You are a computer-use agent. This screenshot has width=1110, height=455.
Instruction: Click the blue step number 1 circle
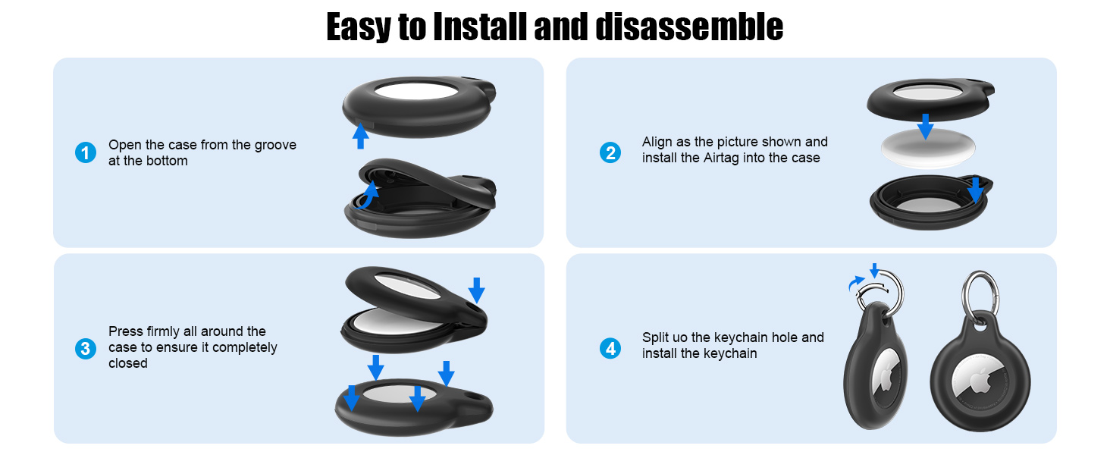tap(85, 152)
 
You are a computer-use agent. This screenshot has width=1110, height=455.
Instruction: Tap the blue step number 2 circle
tap(610, 152)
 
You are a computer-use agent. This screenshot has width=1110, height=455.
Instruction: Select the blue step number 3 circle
tap(85, 349)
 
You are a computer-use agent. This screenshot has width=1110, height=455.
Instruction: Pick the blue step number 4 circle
tap(610, 348)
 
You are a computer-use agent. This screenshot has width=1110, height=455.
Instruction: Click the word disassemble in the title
tap(689, 27)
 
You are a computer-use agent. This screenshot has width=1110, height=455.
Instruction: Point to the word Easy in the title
tap(359, 28)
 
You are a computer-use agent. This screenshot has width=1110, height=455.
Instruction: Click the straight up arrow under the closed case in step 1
tap(360, 136)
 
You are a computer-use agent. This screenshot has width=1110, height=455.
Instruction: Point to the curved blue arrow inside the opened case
tap(368, 196)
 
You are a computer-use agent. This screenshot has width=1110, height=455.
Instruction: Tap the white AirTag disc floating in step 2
tap(928, 148)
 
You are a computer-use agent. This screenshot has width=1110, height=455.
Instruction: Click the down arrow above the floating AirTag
tap(925, 127)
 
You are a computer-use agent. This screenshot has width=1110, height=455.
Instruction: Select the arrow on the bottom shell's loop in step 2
tap(975, 190)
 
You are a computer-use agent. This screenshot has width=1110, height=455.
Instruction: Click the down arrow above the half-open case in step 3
tap(476, 290)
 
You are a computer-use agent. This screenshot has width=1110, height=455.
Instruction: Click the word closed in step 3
tap(128, 363)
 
